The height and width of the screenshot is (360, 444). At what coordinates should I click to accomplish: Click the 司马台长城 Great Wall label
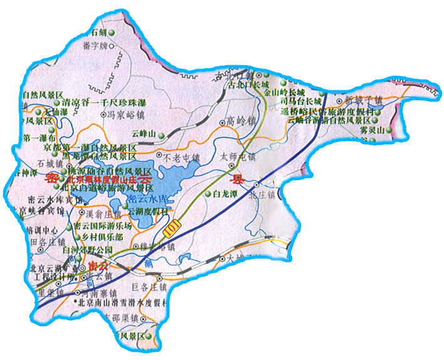[x=300, y=100]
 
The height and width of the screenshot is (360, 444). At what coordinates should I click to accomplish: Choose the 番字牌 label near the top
[x=95, y=45]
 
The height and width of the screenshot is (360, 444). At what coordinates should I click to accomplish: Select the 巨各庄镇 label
[x=149, y=287]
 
